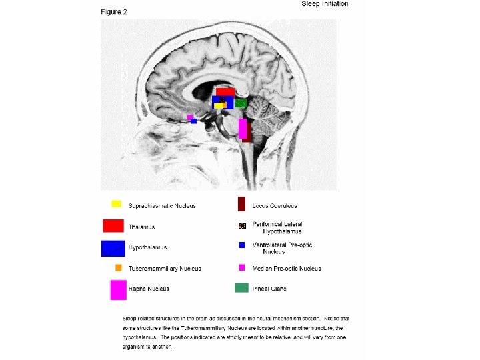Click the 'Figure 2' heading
click(114, 12)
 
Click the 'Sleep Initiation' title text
click(325, 4)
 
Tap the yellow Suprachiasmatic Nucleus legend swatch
click(116, 204)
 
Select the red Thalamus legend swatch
click(113, 225)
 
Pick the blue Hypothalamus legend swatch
click(113, 247)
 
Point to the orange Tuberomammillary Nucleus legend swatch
click(118, 268)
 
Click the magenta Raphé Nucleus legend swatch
click(119, 289)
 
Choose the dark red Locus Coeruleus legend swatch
click(242, 204)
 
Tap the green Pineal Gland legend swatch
click(241, 288)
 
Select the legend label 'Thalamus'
click(141, 227)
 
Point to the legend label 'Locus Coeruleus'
click(274, 206)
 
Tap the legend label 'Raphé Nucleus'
click(149, 289)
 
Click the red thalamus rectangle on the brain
click(225, 92)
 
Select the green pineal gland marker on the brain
click(241, 103)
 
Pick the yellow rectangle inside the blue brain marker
click(219, 105)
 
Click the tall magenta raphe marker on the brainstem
click(243, 128)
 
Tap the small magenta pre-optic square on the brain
click(190, 117)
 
